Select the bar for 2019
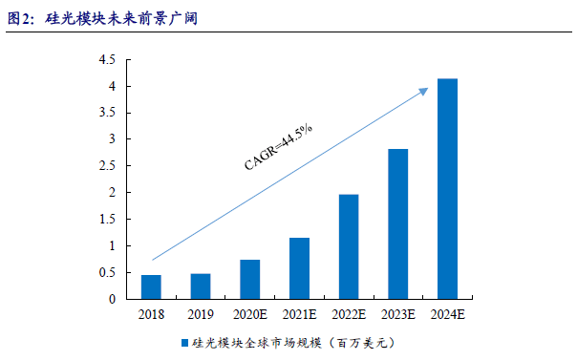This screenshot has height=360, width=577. pyautogui.click(x=201, y=286)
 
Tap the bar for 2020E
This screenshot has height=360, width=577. pyautogui.click(x=250, y=280)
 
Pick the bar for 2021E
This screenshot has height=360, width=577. pyautogui.click(x=299, y=268)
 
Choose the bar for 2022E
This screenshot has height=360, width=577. pyautogui.click(x=349, y=247)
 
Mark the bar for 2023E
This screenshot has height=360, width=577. pyautogui.click(x=398, y=224)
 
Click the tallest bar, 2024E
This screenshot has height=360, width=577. pyautogui.click(x=447, y=189)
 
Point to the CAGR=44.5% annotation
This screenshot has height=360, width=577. pyautogui.click(x=279, y=146)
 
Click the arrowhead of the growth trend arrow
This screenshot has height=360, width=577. pyautogui.click(x=423, y=90)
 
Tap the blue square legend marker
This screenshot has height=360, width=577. pyautogui.click(x=185, y=341)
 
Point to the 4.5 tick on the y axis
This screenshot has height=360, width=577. pyautogui.click(x=107, y=59)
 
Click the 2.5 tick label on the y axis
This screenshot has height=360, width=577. pyautogui.click(x=107, y=166)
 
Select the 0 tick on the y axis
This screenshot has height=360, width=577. pyautogui.click(x=112, y=299)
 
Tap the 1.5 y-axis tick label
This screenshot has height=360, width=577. pyautogui.click(x=107, y=220)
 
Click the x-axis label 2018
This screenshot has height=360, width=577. pyautogui.click(x=151, y=313)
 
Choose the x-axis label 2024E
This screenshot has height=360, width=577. pyautogui.click(x=447, y=313)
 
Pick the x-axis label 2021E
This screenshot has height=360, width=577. pyautogui.click(x=299, y=313)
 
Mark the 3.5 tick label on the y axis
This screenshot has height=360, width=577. pyautogui.click(x=107, y=113)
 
